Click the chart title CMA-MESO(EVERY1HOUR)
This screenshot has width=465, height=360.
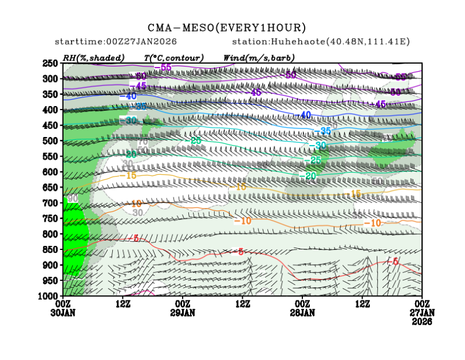[227, 28]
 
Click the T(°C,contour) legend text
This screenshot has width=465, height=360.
[174, 58]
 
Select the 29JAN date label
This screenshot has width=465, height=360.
[183, 313]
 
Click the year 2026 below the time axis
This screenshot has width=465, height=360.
[422, 322]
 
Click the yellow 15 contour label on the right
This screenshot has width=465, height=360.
[356, 193]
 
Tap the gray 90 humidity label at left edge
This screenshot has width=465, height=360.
[72, 198]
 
